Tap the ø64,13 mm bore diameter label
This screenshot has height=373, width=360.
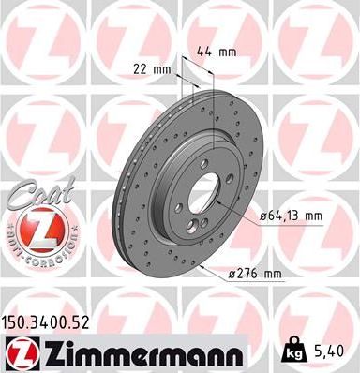click(287, 216)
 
